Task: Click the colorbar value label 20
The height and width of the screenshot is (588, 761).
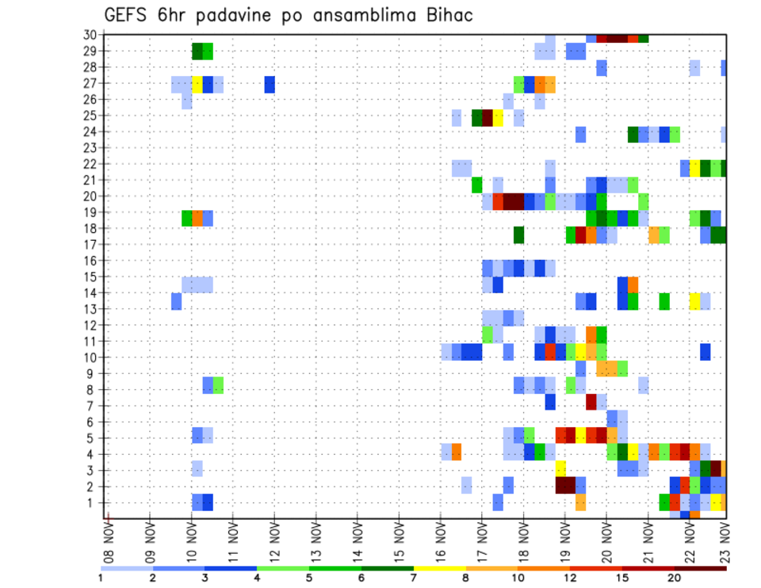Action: click(674, 578)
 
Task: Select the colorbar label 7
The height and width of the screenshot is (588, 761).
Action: click(414, 578)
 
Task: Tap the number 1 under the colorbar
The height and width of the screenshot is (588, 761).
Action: click(101, 578)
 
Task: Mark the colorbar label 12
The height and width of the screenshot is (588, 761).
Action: click(569, 578)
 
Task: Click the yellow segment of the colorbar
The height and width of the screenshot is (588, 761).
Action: click(440, 568)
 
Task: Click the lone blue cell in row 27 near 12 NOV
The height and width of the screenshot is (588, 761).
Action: click(270, 84)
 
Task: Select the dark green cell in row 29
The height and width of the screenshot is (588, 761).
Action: click(197, 52)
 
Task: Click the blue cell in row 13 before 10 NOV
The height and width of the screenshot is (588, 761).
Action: click(176, 301)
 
